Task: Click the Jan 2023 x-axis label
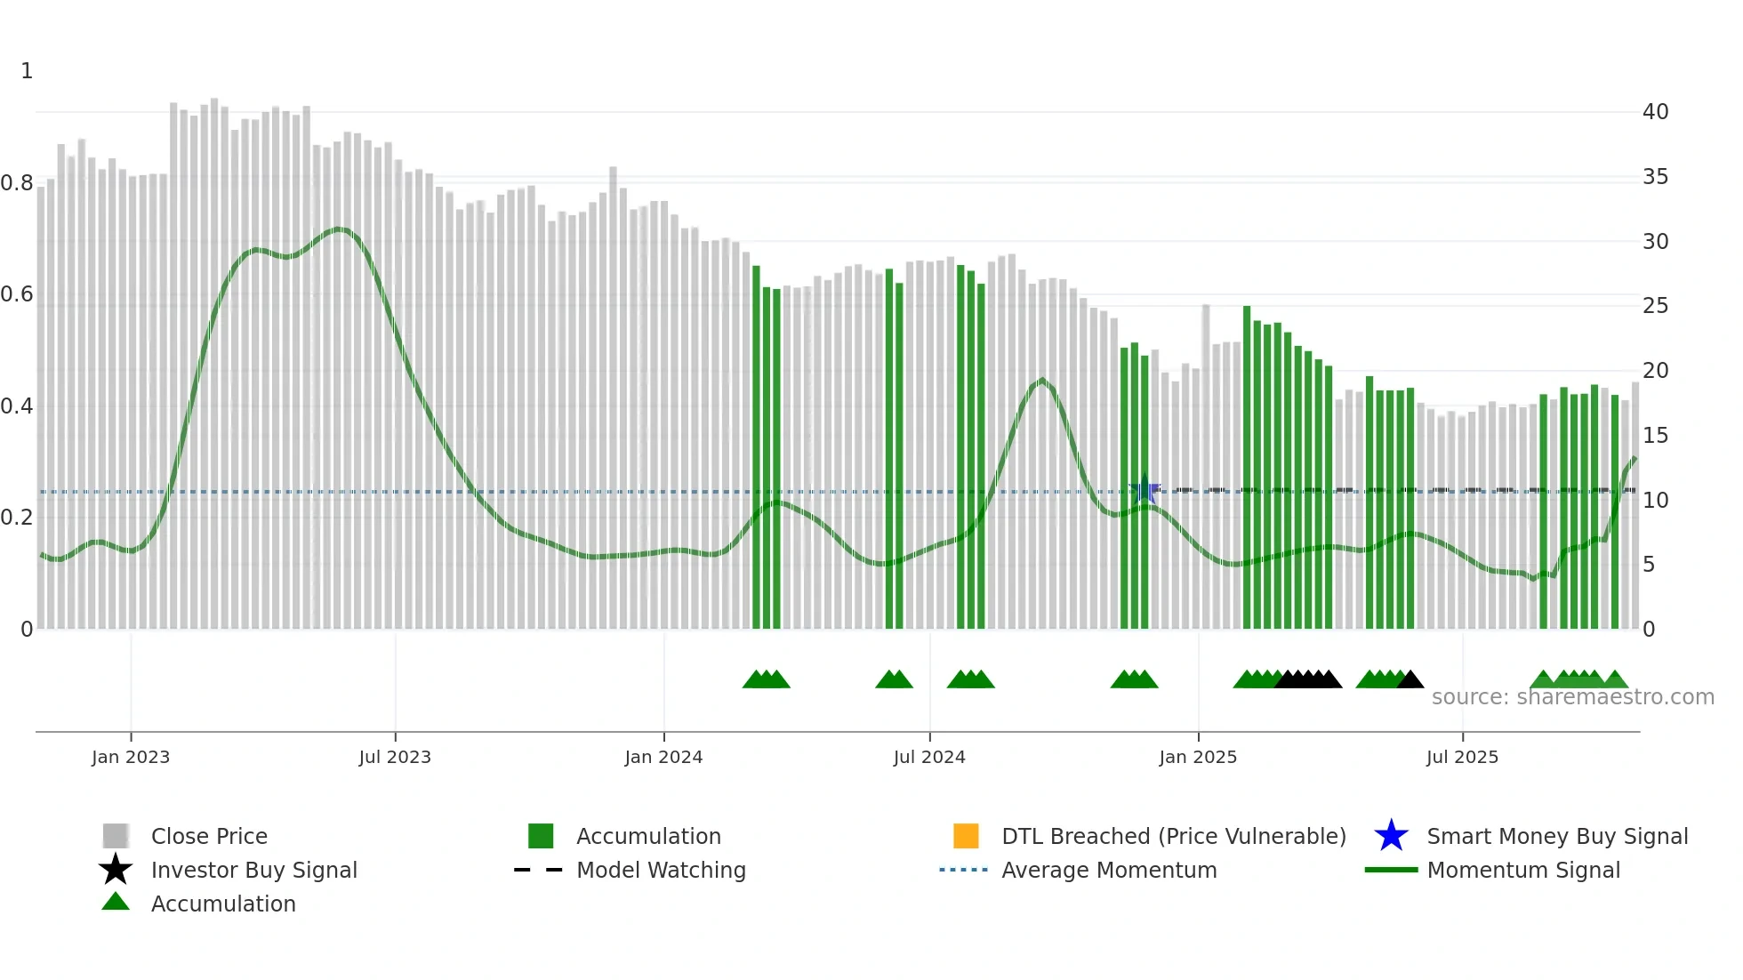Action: coord(131,757)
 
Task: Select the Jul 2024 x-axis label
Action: coord(929,757)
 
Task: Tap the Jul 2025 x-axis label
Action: coord(1462,757)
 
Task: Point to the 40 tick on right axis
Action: coord(1655,112)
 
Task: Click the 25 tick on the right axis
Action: coord(1655,306)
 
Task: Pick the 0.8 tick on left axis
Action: coord(17,183)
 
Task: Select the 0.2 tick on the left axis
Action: coord(17,518)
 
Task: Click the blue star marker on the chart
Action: coord(1145,491)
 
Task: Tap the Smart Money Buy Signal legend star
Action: coord(1391,836)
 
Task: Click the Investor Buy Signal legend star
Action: coord(116,870)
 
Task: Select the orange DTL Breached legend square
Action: coord(966,836)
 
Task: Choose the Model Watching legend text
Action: coord(661,870)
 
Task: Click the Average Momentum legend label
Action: coord(1109,870)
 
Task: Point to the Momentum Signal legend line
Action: coord(1391,870)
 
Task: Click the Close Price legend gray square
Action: coord(116,836)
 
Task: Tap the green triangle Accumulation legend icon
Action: coord(116,902)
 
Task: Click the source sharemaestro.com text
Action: coord(1572,697)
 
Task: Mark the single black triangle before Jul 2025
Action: coord(1410,680)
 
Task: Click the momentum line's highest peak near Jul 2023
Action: coord(339,229)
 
